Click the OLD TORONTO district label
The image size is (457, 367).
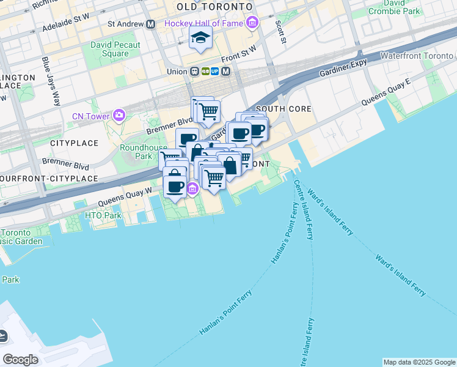(x=214, y=6)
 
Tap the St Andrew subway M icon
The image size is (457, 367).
(x=150, y=24)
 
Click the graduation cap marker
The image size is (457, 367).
(x=200, y=38)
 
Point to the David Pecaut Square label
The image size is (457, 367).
(x=115, y=49)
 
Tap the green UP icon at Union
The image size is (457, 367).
(x=215, y=71)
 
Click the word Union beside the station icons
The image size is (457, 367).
(x=177, y=72)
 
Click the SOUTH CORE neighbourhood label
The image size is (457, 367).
(x=283, y=109)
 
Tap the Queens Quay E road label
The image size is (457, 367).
(x=386, y=91)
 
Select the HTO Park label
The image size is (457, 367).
(x=104, y=216)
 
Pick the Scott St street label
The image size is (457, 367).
(x=280, y=32)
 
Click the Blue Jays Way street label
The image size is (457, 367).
(x=51, y=81)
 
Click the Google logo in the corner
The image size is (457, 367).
(x=20, y=360)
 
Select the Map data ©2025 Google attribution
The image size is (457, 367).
(x=419, y=362)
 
